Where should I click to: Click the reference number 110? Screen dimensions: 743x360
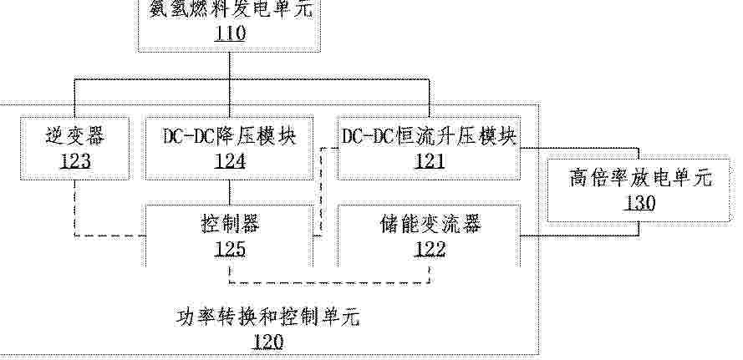(230, 33)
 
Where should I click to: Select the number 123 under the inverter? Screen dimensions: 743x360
(75, 161)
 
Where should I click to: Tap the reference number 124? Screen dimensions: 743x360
(230, 161)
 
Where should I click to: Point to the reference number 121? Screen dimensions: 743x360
(430, 161)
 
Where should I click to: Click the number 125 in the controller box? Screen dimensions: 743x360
(230, 249)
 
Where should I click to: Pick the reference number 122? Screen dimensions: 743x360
(430, 249)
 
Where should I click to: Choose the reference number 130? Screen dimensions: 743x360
(639, 203)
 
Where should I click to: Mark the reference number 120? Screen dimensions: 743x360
(267, 342)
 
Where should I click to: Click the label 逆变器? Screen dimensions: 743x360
(75, 137)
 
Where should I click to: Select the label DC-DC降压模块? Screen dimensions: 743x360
(230, 136)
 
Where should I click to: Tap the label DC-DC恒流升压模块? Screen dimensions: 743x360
(430, 136)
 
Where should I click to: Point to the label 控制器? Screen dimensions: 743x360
(230, 224)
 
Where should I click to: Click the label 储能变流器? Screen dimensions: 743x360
(430, 224)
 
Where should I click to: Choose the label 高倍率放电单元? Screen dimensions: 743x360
(640, 179)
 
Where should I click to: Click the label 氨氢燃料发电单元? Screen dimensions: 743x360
(231, 9)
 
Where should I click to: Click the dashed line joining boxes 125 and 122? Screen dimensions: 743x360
(329, 283)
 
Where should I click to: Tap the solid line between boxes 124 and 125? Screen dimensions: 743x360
(230, 193)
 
